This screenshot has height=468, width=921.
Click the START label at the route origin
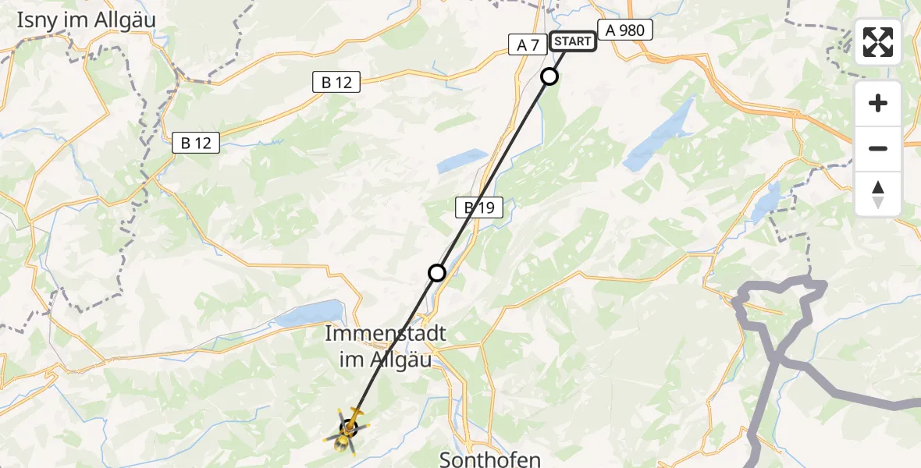[573, 41]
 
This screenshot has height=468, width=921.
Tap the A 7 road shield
[528, 45]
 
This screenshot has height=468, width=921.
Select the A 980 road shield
[624, 30]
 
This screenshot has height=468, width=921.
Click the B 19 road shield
[479, 207]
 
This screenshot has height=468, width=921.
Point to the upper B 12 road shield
[336, 82]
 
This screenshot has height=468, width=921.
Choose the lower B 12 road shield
[196, 143]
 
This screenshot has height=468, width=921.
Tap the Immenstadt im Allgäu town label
[385, 346]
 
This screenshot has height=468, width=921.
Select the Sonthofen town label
[490, 459]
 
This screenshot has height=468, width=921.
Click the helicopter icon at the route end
[347, 429]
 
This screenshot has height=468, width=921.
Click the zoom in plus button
[878, 103]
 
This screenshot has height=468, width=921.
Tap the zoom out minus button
[878, 148]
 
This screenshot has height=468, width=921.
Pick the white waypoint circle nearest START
[549, 76]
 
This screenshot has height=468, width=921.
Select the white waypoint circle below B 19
[437, 272]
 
